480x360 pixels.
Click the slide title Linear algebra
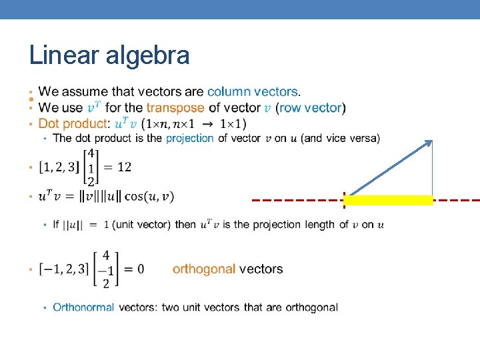coord(109,55)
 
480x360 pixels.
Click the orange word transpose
coord(175,107)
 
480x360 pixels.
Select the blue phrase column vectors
coord(252,91)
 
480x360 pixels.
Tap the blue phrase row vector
coord(310,107)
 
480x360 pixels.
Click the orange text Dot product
coord(72,123)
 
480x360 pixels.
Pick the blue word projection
coord(190,138)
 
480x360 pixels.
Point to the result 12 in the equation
coord(124,167)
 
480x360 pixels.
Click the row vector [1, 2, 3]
coord(57,167)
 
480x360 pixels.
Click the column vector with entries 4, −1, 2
coord(105,269)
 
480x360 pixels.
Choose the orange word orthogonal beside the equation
coord(204,269)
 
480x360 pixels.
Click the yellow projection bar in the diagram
coord(389,199)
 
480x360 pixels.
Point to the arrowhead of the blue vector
coord(429,143)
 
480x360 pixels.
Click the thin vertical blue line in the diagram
coord(432,170)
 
